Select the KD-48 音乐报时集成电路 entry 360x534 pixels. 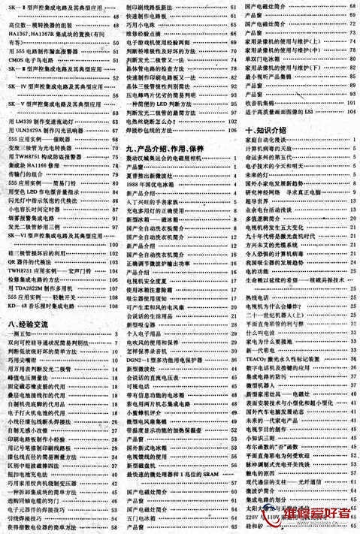(45, 306)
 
